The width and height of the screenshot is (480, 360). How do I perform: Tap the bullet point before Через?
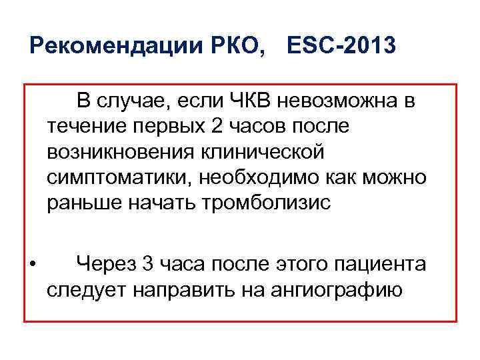coord(32,265)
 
